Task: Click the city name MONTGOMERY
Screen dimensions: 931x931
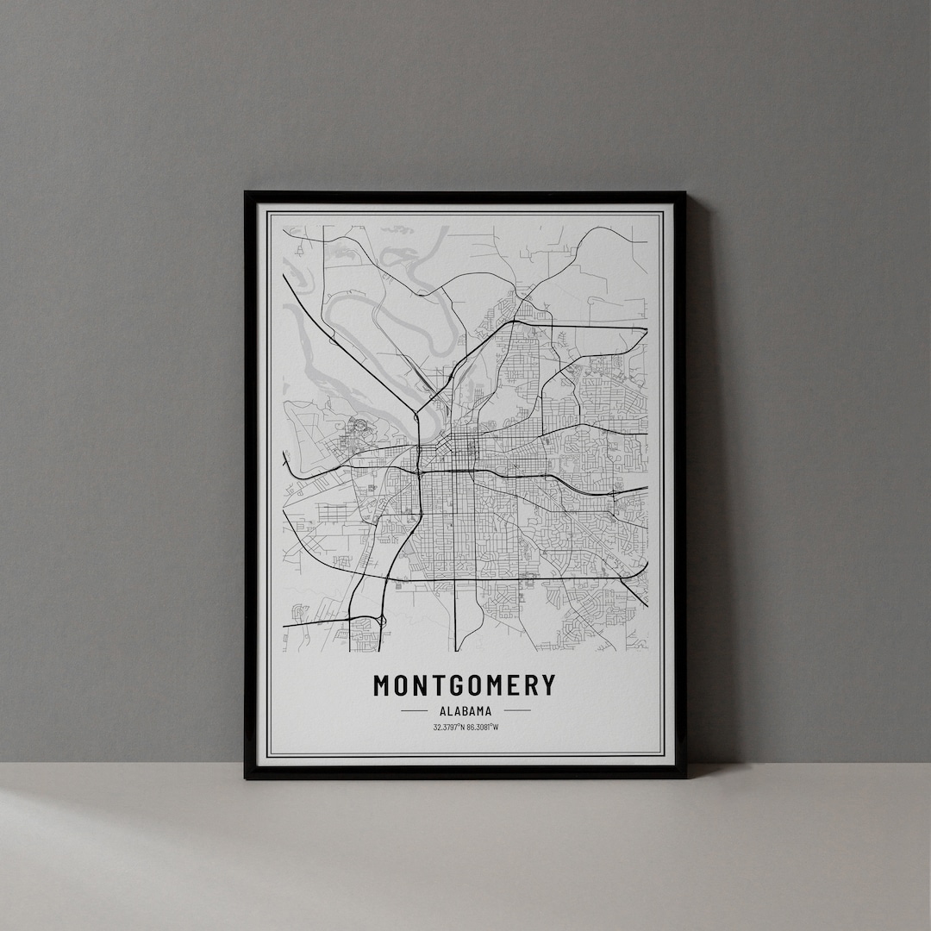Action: (465, 685)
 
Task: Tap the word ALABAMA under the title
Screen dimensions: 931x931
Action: (465, 711)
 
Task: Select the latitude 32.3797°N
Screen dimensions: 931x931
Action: (448, 727)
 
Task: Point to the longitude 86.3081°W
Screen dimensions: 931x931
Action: (483, 727)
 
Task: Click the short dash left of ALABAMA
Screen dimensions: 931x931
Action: (414, 711)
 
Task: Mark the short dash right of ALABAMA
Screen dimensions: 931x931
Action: (516, 711)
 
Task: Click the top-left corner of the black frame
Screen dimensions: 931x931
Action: (247, 193)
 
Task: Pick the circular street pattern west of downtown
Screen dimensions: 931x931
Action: (355, 424)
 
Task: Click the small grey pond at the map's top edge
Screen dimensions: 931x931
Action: (397, 229)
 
